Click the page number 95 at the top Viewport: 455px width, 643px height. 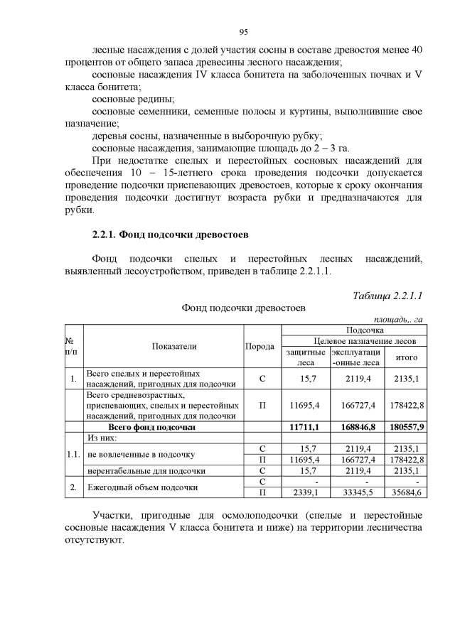[242, 33]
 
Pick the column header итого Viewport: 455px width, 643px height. [406, 357]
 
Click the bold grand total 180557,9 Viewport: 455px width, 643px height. [406, 427]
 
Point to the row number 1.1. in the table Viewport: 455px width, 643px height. [73, 454]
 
